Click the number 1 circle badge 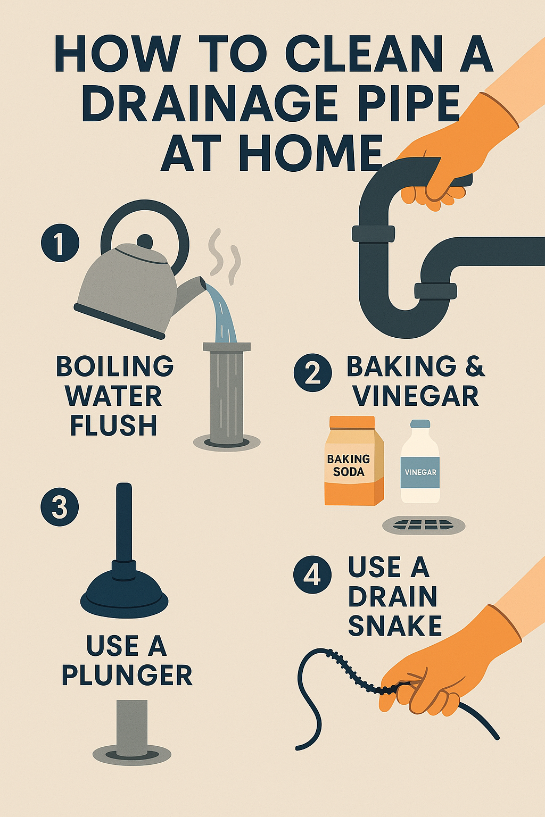[x=60, y=243]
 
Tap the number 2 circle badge [x=313, y=373]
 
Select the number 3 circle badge [x=60, y=507]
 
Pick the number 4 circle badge [x=313, y=575]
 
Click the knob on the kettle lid [x=144, y=240]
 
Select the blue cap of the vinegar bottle [x=420, y=424]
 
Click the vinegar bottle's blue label [x=420, y=472]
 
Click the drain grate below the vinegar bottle [x=424, y=526]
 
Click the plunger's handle [x=124, y=521]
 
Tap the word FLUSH [x=113, y=426]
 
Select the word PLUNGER [x=127, y=675]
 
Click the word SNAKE [x=395, y=626]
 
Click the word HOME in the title [x=310, y=153]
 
